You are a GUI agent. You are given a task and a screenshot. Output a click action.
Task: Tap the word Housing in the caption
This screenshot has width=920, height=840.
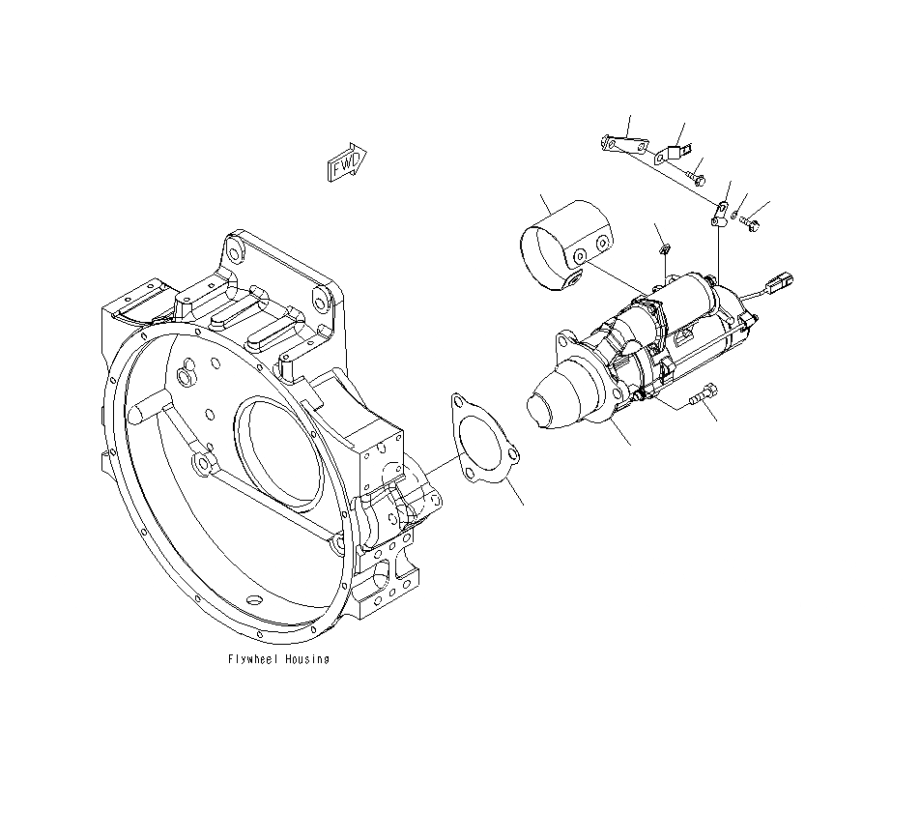(306, 659)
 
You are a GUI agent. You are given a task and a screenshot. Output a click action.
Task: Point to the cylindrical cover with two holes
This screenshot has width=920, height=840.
(566, 246)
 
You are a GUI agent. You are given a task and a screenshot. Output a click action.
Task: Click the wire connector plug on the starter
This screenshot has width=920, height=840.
(781, 284)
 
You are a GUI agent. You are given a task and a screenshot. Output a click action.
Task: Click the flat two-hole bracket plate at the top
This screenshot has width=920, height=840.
(622, 146)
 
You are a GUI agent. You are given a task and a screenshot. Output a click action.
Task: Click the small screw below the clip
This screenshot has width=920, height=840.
(698, 178)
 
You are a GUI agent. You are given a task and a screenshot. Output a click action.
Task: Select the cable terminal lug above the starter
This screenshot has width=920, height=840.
(721, 213)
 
